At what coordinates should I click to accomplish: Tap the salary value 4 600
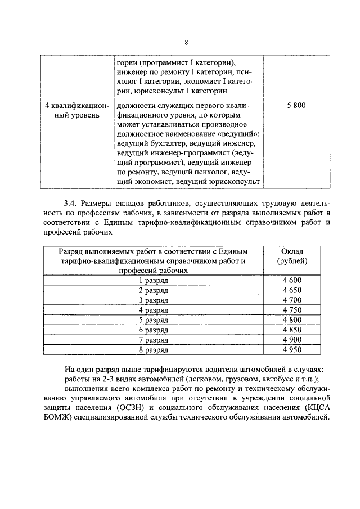[x=292, y=280]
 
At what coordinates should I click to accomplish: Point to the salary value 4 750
[x=292, y=310]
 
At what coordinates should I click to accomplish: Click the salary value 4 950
[x=292, y=350]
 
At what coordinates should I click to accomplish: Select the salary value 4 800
[x=292, y=320]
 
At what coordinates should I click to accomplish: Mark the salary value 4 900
[x=292, y=340]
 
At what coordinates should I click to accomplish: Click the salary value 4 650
[x=292, y=290]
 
